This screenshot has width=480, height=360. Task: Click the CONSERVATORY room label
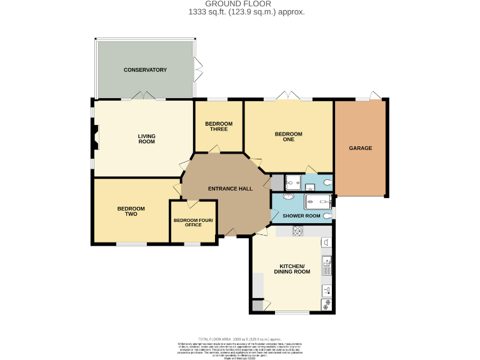coord(145,70)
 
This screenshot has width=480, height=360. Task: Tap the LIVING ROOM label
coord(146,139)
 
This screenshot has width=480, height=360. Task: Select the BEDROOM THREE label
coord(219,126)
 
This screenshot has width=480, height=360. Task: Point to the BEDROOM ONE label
coord(288,136)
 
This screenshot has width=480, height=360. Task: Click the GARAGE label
coord(360,148)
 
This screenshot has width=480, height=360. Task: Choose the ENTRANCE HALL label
coord(226,189)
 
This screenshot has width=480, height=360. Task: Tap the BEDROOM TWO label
coord(131,211)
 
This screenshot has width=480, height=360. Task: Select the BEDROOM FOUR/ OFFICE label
coord(193,222)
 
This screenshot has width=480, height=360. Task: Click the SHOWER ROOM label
coord(301,216)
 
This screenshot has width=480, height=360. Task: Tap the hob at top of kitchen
coord(297,232)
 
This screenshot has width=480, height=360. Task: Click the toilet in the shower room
coord(327,216)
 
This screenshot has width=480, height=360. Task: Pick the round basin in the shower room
coord(279,196)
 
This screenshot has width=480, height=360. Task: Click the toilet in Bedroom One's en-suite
coord(327,183)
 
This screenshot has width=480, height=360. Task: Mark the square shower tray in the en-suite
coord(292,183)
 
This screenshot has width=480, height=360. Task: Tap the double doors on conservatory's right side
coord(197,70)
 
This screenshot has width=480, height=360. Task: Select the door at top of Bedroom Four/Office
coord(192,204)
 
